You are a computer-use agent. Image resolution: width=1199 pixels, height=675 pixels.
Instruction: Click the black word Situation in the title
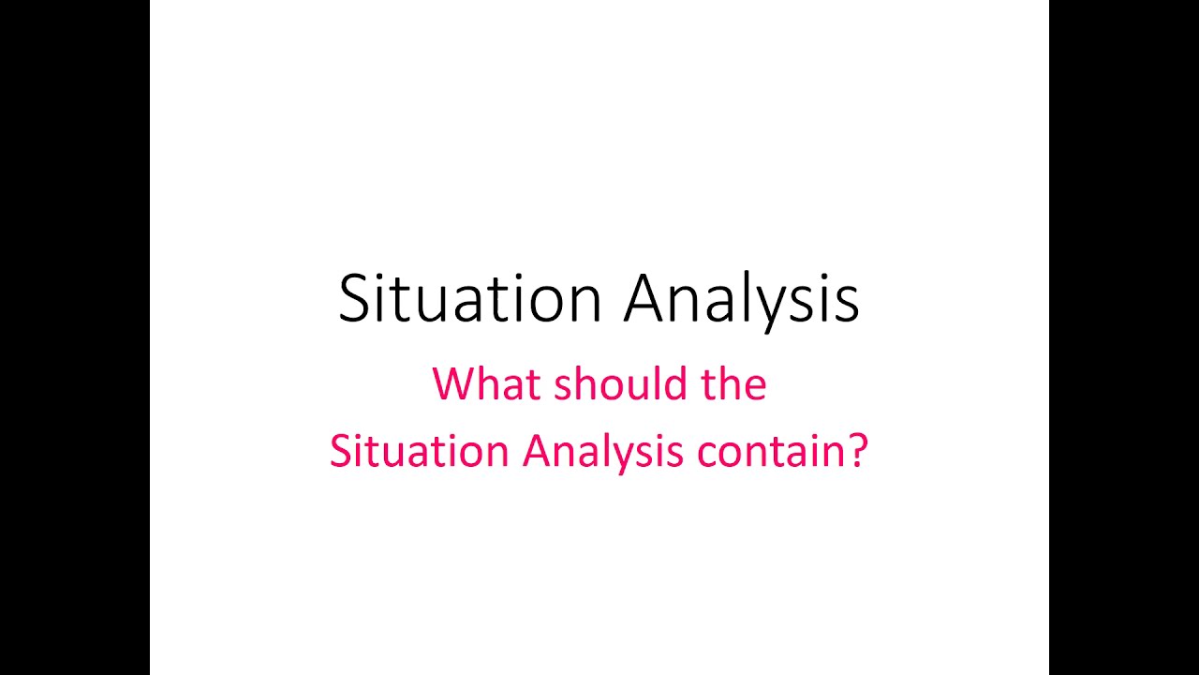(469, 299)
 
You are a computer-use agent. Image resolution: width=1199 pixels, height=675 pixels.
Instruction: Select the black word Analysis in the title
(741, 299)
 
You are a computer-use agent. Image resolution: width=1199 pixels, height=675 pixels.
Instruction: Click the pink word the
(733, 384)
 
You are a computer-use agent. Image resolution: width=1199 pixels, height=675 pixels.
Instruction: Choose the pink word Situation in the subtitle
(419, 452)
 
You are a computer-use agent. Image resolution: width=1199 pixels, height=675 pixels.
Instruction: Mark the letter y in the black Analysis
(780, 305)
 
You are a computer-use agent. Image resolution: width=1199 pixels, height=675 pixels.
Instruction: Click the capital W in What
(451, 384)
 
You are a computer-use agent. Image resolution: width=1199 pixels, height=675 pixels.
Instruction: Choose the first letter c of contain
(703, 455)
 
